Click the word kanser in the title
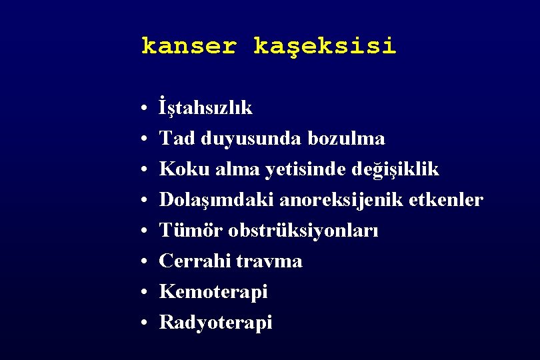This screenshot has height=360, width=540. click(189, 46)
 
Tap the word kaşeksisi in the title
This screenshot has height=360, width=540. click(325, 47)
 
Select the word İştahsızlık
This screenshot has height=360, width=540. click(206, 108)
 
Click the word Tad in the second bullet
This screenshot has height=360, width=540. click(175, 138)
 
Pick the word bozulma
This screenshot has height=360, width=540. click(347, 138)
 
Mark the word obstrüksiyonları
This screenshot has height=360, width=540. click(303, 231)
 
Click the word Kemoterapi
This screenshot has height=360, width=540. click(213, 292)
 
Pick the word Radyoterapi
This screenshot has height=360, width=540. click(216, 323)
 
